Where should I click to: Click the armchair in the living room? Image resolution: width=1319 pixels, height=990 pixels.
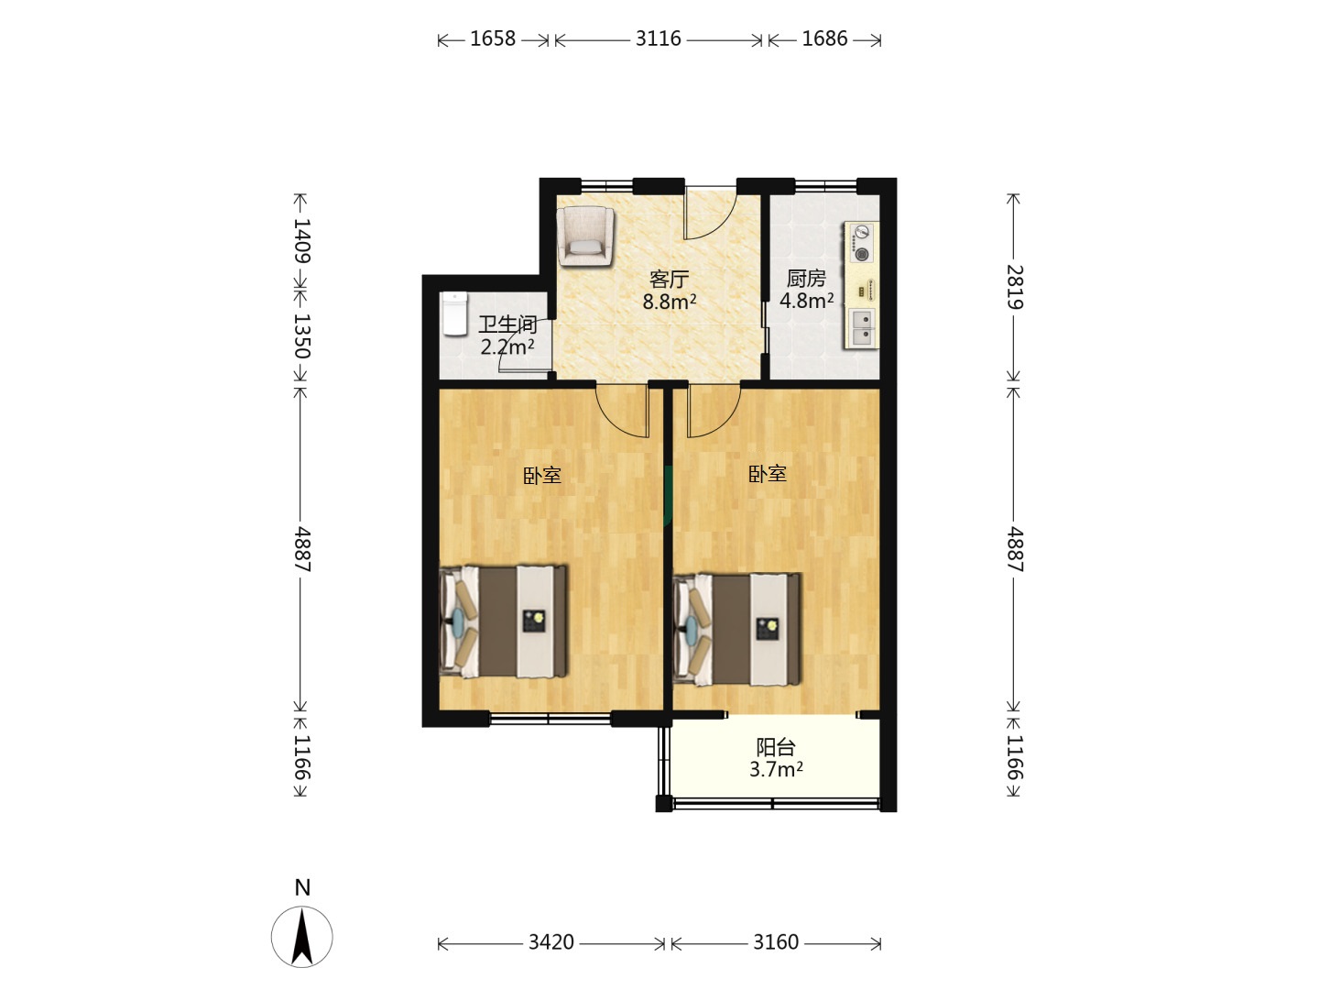point(585,236)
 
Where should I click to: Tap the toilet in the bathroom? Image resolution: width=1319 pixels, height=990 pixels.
point(455,314)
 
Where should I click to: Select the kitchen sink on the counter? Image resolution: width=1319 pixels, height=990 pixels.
point(862,327)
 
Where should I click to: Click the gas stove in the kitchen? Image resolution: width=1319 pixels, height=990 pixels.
point(862,243)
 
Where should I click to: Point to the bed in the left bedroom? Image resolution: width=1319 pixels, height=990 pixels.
point(503,621)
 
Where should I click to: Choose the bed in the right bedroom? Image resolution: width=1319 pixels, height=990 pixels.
point(736,629)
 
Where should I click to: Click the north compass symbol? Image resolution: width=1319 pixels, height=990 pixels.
point(301,935)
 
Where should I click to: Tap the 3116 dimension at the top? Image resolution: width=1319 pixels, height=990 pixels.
point(658,39)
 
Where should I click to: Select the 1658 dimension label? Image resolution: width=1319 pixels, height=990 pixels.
point(493,39)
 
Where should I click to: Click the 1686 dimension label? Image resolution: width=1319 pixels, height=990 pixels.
point(824,39)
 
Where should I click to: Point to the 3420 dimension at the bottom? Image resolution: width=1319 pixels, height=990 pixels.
point(551,942)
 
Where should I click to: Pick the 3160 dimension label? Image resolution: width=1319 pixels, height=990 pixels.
point(776,942)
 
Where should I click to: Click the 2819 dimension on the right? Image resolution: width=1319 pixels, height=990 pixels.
point(1014,287)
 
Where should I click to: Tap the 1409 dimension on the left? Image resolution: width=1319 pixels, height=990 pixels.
point(301,240)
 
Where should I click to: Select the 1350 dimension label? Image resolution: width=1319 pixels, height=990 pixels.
point(301,336)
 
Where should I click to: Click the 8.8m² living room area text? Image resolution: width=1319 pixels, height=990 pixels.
point(670,302)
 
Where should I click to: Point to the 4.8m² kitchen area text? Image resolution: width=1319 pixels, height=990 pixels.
point(806,300)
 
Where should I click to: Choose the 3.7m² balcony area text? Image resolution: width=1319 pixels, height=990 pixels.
point(777,769)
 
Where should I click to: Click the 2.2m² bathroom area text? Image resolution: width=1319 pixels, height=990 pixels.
point(507,346)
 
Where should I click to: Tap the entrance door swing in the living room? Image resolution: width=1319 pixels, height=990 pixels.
point(711,214)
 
